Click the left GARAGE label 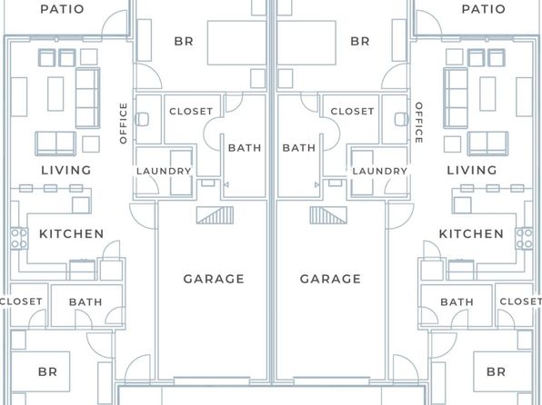point(214,279)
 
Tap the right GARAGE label point(330,279)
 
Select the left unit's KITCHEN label point(71,233)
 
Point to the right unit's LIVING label point(471,170)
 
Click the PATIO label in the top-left point(62,9)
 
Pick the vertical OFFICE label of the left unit point(123,123)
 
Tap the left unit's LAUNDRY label point(164,171)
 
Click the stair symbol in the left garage point(215,215)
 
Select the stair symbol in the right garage point(328,215)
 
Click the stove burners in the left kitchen point(19,238)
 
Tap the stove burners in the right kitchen point(524,238)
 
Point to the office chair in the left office point(142,120)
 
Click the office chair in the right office point(401,120)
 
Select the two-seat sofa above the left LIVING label point(55,143)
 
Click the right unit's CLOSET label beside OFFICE point(352,111)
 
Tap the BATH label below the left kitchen point(85,302)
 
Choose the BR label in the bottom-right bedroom point(496,371)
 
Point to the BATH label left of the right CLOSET point(299,148)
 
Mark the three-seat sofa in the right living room point(456,98)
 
